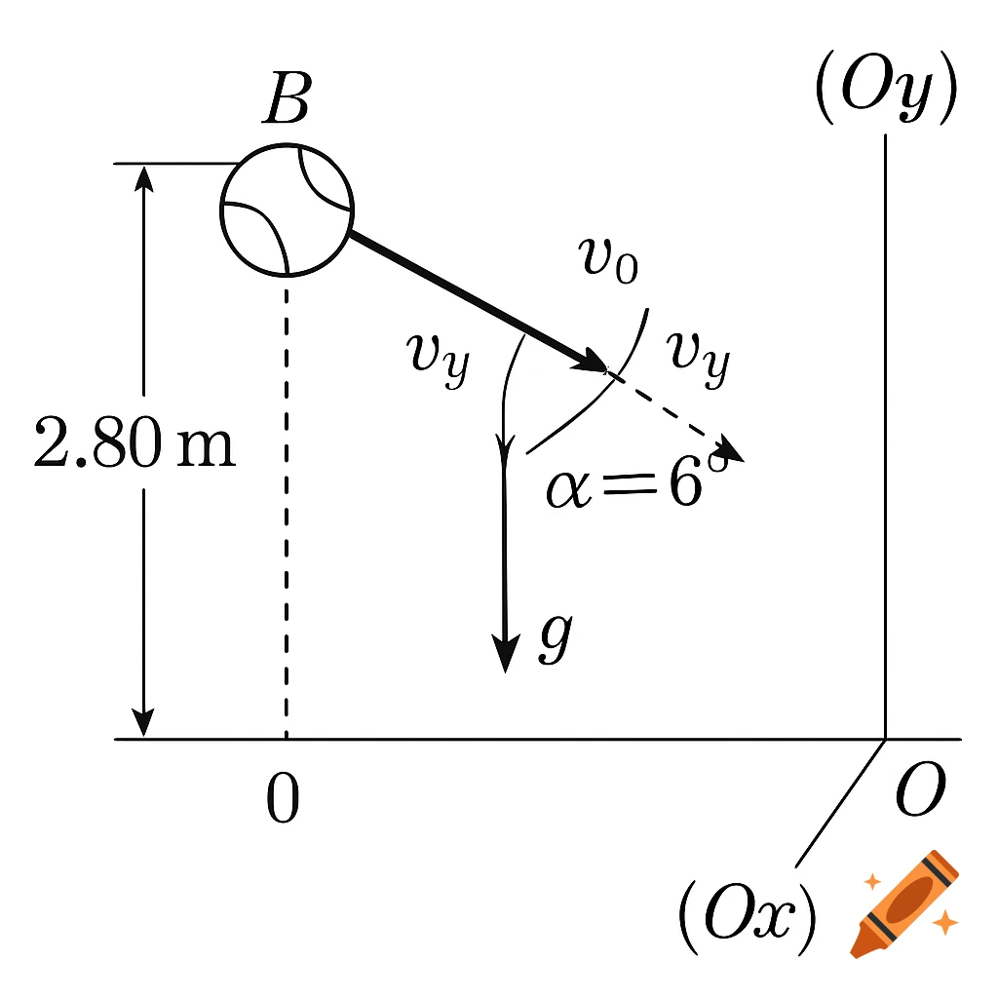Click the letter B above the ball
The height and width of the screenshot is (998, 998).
click(286, 100)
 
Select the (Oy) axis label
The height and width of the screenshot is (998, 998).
click(884, 96)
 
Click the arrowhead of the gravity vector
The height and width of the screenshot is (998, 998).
click(504, 656)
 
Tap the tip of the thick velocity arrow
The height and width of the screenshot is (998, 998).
click(602, 366)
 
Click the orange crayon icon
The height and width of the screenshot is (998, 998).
click(902, 902)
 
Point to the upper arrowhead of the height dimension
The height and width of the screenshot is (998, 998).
click(144, 176)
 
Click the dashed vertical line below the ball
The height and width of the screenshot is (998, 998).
click(286, 507)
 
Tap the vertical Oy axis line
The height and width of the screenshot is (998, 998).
click(885, 439)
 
